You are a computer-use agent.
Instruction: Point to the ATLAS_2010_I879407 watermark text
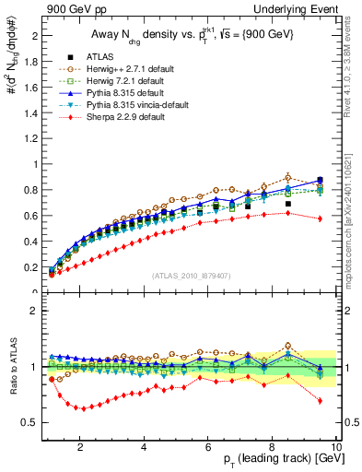(191, 276)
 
